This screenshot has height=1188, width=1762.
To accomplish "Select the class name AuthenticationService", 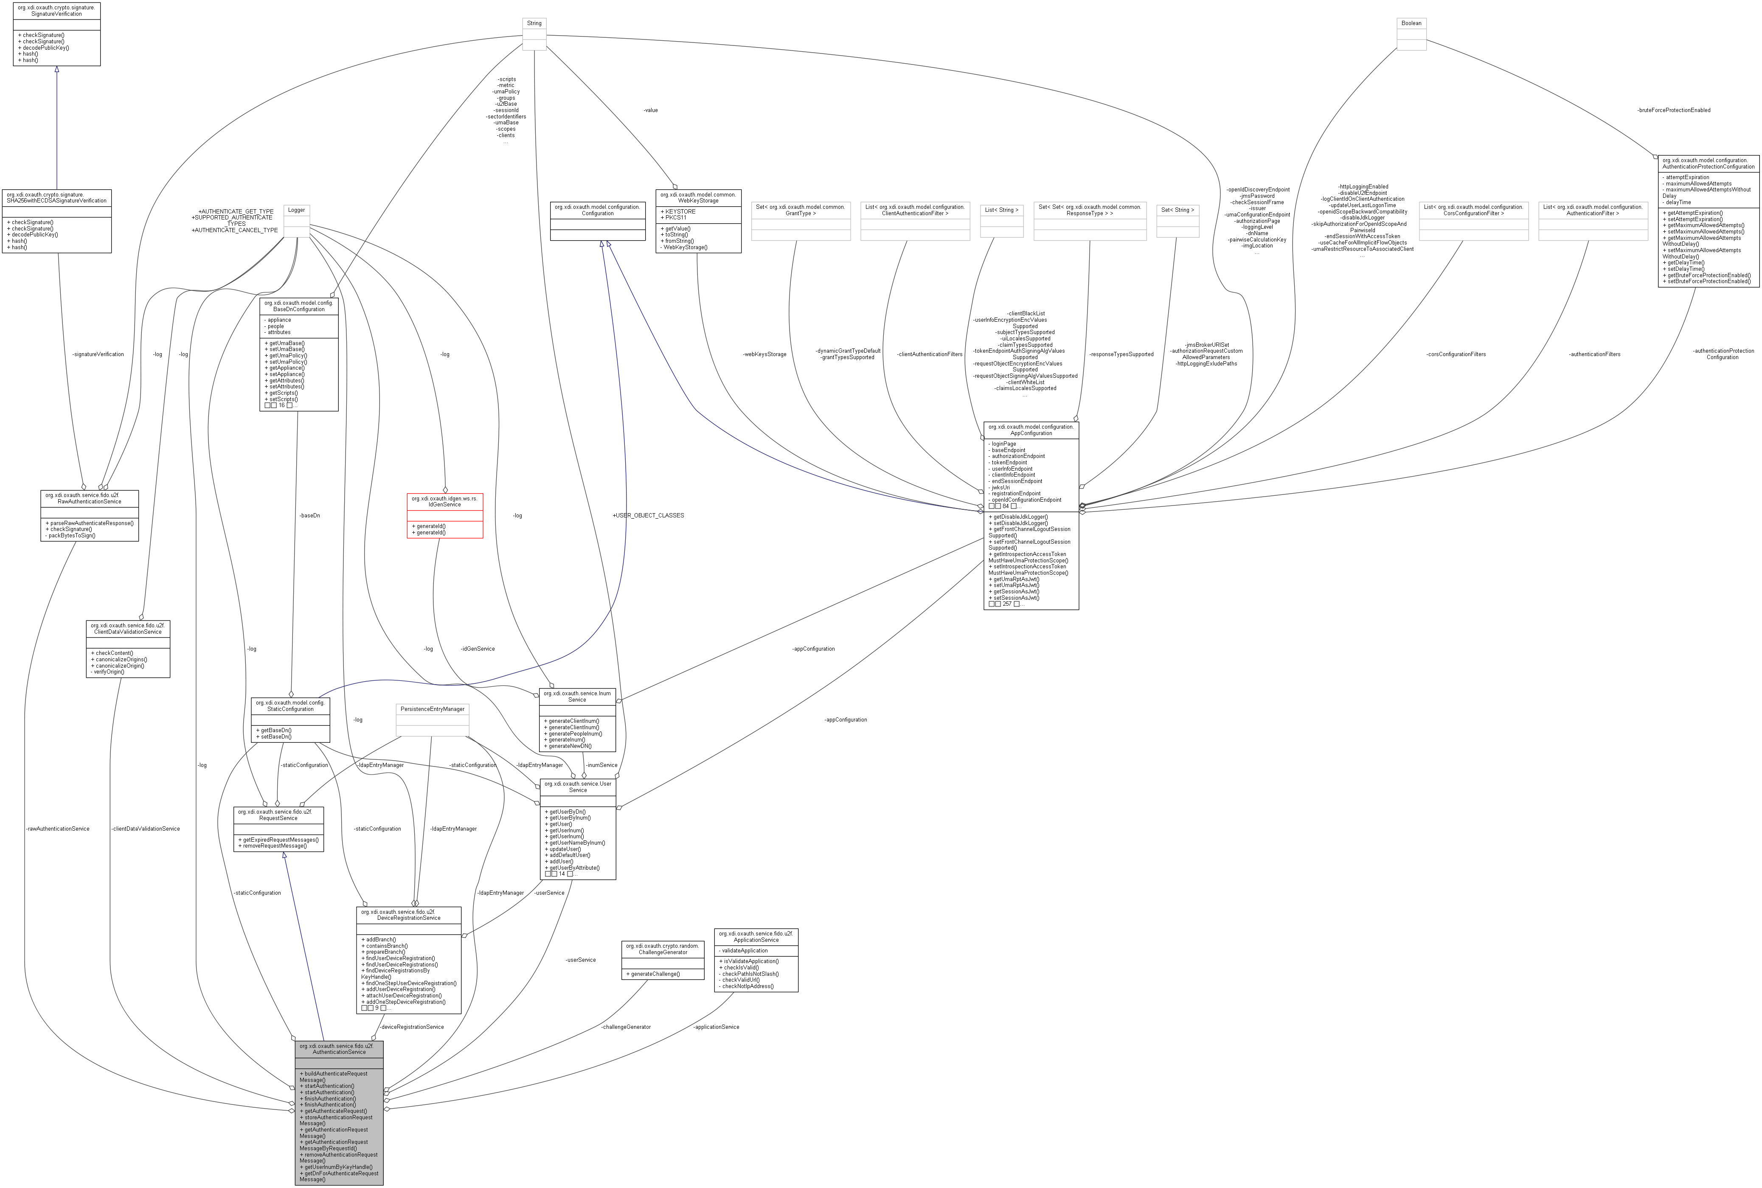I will coord(339,1052).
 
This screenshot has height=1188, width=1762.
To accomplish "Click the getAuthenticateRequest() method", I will coord(333,1111).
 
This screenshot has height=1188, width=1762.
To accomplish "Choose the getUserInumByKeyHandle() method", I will coord(336,1167).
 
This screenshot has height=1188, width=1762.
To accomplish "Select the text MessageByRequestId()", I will coord(328,1148).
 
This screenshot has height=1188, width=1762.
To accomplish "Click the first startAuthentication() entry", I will coord(327,1086).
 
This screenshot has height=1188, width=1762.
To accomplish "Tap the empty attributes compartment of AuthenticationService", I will coord(339,1063).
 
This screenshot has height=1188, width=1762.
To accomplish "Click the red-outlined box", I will coord(445,516).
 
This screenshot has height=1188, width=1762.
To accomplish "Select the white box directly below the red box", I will coord(432,720).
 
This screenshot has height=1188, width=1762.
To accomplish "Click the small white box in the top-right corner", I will coord(1411,34).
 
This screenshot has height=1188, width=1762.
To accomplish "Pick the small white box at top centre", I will coord(534,34).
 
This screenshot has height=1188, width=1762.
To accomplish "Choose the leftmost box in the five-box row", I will coord(801,221).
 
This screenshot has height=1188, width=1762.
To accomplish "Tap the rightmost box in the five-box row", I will coord(1177,221).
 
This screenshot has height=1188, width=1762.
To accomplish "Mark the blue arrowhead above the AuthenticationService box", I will coord(284,855).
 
